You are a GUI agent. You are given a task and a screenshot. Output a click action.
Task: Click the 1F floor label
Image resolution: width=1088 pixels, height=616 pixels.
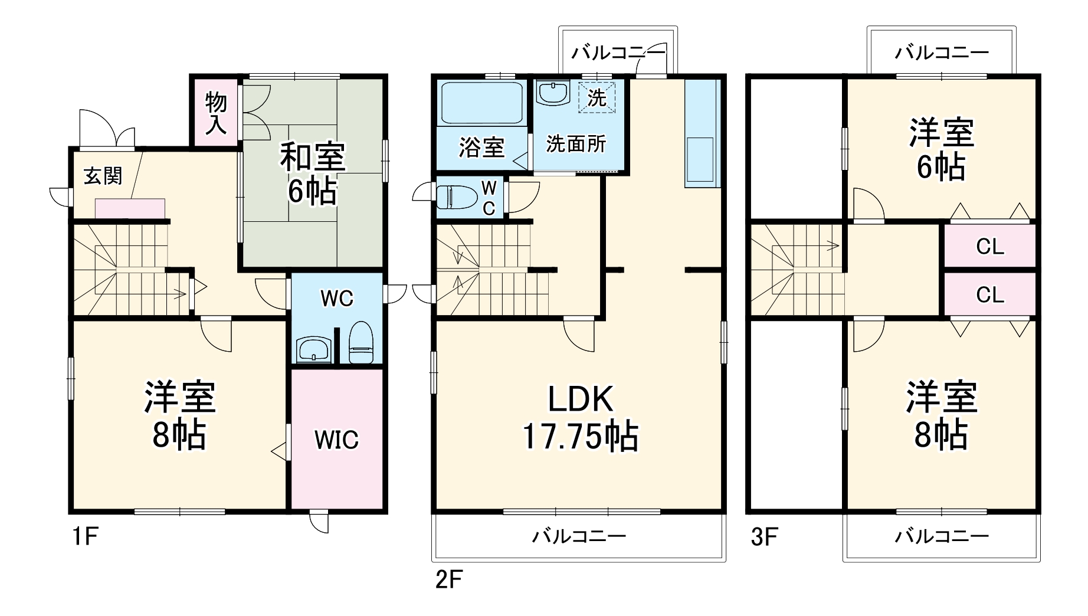pyautogui.click(x=84, y=536)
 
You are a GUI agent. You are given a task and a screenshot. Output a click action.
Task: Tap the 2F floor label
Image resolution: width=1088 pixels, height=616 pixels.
pyautogui.click(x=448, y=579)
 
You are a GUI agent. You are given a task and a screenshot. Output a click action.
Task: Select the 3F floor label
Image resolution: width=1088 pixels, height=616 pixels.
pyautogui.click(x=765, y=536)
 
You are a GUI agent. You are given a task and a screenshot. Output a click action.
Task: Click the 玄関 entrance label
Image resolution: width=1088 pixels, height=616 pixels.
pyautogui.click(x=103, y=175)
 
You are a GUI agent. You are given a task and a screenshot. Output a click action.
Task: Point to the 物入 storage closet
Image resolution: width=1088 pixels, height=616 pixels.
pyautogui.click(x=216, y=113)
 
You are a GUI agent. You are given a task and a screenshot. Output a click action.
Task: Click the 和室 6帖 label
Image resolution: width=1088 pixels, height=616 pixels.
pyautogui.click(x=312, y=173)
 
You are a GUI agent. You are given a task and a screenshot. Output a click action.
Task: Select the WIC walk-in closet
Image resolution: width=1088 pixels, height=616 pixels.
pyautogui.click(x=336, y=440)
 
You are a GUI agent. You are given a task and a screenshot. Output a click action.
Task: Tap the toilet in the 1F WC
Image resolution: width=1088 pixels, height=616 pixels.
pyautogui.click(x=361, y=343)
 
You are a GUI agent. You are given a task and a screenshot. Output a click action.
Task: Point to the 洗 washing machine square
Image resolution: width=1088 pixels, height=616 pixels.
pyautogui.click(x=597, y=98)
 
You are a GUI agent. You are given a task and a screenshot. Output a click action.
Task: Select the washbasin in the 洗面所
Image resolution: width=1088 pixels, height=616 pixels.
pyautogui.click(x=553, y=93)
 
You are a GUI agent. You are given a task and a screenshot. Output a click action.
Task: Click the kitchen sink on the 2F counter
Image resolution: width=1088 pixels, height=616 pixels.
pyautogui.click(x=700, y=159)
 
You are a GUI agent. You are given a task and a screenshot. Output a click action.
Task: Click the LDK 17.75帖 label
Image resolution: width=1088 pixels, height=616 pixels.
pyautogui.click(x=581, y=417)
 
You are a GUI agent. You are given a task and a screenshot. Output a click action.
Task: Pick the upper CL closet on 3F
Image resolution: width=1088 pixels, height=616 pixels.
pyautogui.click(x=989, y=246)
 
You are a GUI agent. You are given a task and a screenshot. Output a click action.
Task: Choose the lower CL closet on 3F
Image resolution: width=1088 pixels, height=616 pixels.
pyautogui.click(x=989, y=294)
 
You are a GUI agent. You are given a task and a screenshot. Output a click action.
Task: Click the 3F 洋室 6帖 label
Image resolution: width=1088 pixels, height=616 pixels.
pyautogui.click(x=941, y=149)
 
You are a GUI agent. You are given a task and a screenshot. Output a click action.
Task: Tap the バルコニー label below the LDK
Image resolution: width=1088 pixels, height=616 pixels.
pyautogui.click(x=579, y=536)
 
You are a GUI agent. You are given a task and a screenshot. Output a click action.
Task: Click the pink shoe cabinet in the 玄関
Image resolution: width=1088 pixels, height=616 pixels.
pyautogui.click(x=130, y=208)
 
